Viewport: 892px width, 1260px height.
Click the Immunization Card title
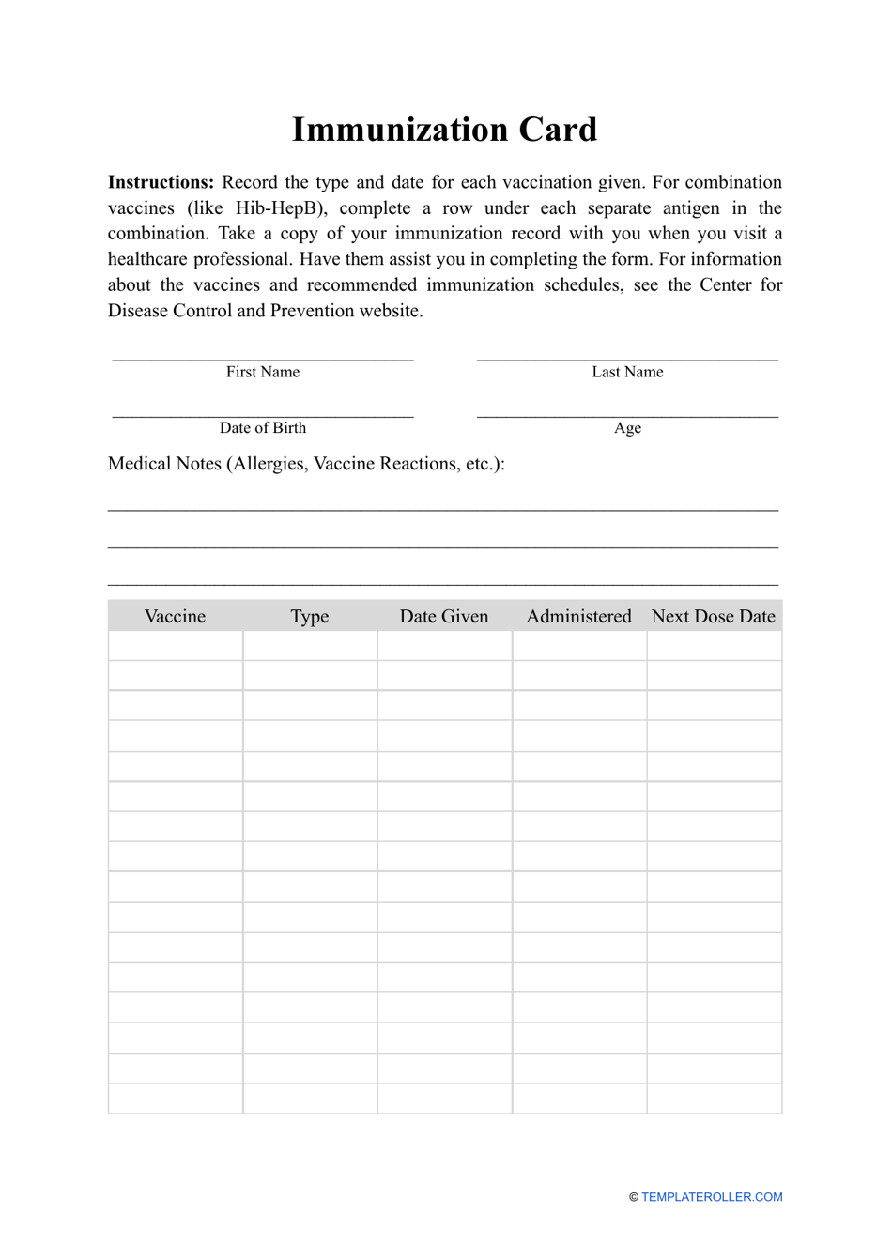point(444,130)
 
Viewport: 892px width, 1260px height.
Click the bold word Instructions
point(161,182)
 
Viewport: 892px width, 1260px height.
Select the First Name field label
point(262,372)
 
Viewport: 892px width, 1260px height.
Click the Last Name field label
point(627,372)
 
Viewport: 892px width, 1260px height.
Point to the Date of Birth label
point(262,428)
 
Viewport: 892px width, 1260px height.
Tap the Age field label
point(627,428)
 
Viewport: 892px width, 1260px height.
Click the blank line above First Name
point(262,357)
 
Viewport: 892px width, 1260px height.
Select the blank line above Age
point(627,413)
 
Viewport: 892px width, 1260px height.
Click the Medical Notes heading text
point(306,464)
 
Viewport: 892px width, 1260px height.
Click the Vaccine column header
point(175,617)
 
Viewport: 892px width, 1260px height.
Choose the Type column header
point(310,617)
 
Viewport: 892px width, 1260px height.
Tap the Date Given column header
point(444,617)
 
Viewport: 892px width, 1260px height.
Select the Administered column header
point(578,617)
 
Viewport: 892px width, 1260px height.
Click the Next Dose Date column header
point(714,617)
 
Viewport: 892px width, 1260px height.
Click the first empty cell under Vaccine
point(176,646)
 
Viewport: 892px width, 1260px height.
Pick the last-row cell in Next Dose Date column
point(714,1099)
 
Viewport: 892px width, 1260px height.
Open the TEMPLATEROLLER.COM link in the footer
point(712,1197)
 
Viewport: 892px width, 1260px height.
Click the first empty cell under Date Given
point(444,646)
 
